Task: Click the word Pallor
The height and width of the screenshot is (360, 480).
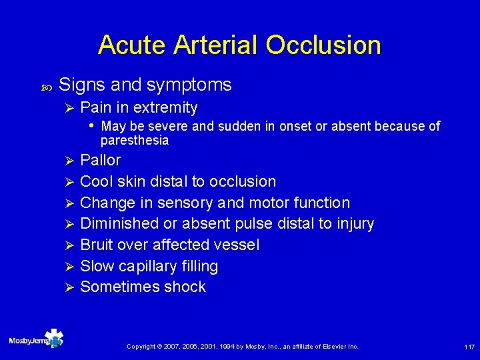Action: (100, 160)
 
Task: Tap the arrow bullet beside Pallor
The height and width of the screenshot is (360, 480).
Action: (66, 161)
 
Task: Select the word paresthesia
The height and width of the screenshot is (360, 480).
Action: (134, 141)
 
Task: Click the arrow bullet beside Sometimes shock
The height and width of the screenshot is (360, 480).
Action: (66, 288)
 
